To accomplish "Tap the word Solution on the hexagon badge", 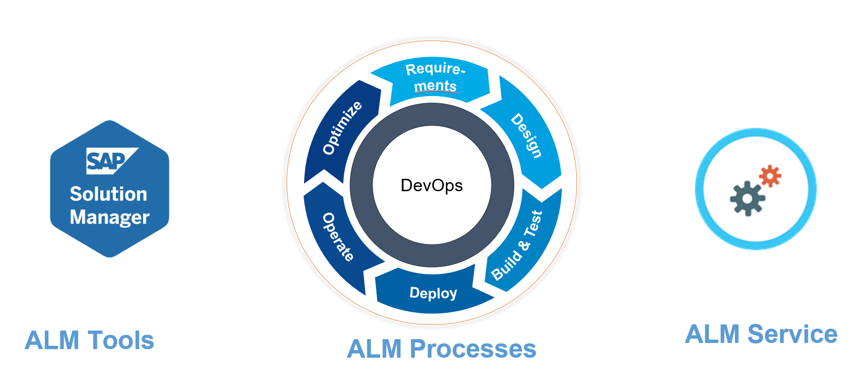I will tap(108, 194).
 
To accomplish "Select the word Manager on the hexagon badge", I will tap(109, 217).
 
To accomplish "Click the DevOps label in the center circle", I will tap(432, 185).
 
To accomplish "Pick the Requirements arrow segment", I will tap(435, 78).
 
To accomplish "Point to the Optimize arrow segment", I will tap(341, 128).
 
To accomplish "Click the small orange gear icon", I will tap(770, 176).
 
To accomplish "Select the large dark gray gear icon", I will tap(748, 198).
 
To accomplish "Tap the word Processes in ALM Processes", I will tap(473, 349).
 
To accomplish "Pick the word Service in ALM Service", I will tap(792, 334).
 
